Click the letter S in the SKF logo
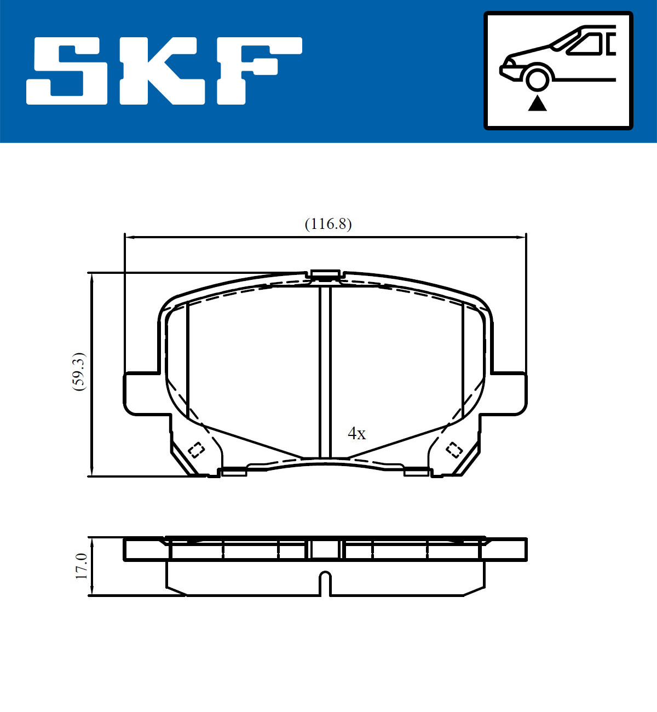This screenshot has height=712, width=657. pos(67,71)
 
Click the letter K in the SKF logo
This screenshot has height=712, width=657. pos(162,71)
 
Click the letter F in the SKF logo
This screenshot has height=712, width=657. pos(259,71)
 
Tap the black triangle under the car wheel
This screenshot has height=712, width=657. pos(537,104)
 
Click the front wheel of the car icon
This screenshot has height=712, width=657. pos(537,80)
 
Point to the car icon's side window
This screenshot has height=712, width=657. pos(585,44)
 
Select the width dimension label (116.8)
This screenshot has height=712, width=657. pos(328,224)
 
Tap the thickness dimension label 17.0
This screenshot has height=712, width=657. pos(82,566)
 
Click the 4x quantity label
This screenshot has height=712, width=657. pos(356,433)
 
